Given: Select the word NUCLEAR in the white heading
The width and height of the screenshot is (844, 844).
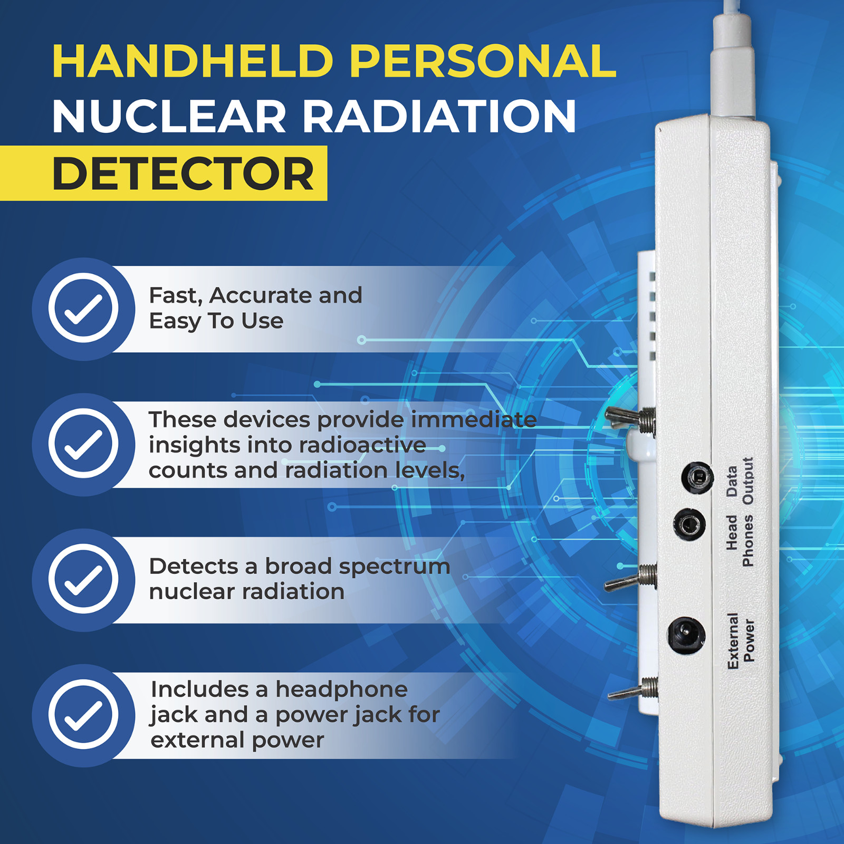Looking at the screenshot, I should point(169,117).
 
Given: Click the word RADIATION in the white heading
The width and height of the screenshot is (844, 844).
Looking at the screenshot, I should point(439,117).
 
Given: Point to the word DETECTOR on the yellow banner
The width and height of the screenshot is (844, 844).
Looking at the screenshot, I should point(183,174).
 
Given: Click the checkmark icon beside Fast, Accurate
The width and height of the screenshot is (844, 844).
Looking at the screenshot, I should point(83,308).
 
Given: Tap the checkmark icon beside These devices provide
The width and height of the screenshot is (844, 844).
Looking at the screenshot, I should point(83,444).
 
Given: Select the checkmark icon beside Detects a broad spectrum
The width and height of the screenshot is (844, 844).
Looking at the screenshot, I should point(83,579).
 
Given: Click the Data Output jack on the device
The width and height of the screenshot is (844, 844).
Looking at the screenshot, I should point(697,478).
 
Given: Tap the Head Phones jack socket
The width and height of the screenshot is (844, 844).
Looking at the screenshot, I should point(689,525).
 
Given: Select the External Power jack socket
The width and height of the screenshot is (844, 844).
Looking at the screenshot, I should point(686,635).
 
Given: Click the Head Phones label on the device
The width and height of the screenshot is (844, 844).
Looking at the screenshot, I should point(740,541).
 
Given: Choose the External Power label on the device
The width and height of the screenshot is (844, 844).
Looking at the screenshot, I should point(741,640).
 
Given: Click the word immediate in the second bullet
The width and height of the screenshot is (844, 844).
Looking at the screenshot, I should point(474,420).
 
